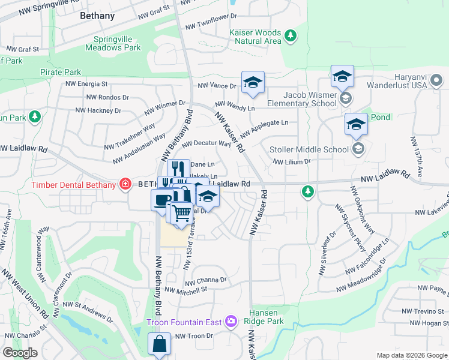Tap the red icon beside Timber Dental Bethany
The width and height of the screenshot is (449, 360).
tap(125, 184)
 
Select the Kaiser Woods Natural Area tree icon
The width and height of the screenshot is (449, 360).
tap(291, 36)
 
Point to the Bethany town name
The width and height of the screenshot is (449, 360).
tap(97, 16)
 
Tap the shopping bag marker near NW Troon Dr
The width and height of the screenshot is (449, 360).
tap(159, 345)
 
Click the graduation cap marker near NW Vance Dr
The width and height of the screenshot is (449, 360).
tap(253, 83)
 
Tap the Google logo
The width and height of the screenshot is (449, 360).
tap(20, 353)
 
